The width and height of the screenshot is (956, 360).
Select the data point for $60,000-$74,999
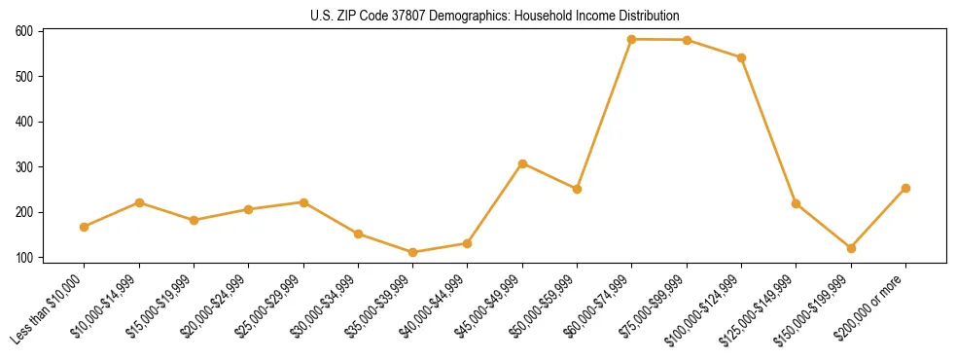click(x=632, y=39)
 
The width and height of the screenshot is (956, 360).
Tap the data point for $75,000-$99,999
click(x=687, y=40)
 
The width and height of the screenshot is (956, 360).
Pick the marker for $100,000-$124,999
click(x=741, y=57)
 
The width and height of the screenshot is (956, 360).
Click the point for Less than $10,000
click(x=85, y=227)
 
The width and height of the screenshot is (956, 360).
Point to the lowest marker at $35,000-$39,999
click(x=413, y=252)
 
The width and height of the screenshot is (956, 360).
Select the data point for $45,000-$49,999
click(x=522, y=163)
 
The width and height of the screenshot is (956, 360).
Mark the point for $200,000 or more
click(x=905, y=188)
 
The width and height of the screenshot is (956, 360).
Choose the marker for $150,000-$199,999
click(x=851, y=248)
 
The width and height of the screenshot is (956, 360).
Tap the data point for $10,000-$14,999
click(x=139, y=202)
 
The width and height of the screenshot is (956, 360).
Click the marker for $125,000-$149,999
click(x=797, y=203)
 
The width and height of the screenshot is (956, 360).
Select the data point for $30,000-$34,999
click(x=358, y=234)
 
